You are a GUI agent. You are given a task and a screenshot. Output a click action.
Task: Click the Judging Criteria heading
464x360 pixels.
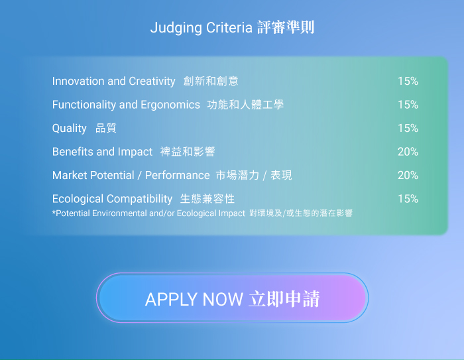pos(232,28)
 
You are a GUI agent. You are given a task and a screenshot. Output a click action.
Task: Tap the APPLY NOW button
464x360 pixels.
pos(232,298)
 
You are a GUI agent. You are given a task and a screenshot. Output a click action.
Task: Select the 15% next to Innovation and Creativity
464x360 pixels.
pos(408,81)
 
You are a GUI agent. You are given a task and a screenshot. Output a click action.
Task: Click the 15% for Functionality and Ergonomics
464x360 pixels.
pos(408,105)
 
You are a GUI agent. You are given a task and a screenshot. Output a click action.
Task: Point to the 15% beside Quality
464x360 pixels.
pos(408,128)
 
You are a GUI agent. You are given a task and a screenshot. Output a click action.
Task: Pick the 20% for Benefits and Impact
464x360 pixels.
pos(408,152)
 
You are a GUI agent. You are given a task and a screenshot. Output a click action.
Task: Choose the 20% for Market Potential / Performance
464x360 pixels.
pos(408,175)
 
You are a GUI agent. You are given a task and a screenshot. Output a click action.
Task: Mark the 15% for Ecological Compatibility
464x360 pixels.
pos(408,199)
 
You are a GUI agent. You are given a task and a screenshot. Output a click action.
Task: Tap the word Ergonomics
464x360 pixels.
pos(170,105)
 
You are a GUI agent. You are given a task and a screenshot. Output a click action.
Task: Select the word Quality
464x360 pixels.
pos(69,129)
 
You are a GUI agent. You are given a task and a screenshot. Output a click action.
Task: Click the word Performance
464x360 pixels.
pos(177,175)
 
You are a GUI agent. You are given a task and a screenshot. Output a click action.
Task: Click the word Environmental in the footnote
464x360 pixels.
pos(119,213)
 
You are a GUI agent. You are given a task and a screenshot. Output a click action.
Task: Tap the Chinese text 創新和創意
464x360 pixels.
pos(211,81)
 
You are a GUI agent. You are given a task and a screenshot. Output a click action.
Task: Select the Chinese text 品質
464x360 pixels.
pos(106,128)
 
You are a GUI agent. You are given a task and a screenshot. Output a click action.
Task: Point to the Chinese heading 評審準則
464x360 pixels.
pos(286,28)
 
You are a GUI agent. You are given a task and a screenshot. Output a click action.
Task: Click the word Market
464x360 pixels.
pos(68,175)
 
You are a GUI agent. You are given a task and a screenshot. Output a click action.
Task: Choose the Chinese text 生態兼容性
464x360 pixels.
pos(207,199)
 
